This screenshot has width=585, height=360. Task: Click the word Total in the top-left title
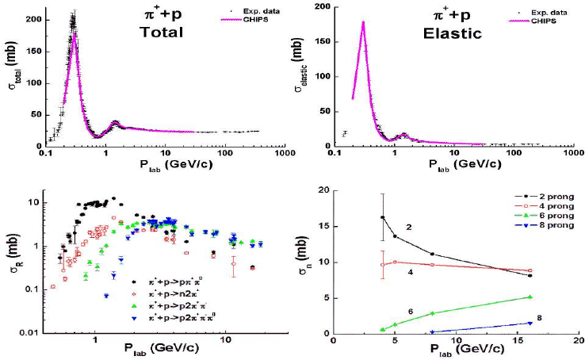[162, 33]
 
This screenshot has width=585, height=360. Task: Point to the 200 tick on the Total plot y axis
[32, 17]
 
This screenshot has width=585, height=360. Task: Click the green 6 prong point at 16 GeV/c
[530, 297]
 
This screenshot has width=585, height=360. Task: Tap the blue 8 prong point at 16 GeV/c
[530, 323]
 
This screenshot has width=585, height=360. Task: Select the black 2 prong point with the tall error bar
[382, 217]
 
